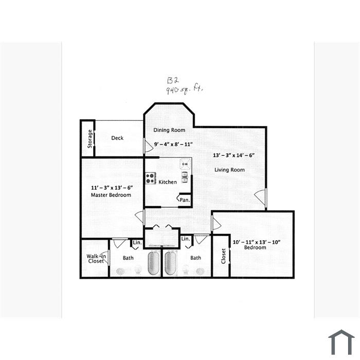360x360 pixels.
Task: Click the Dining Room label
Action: pyautogui.click(x=169, y=130)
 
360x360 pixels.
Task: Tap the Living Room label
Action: pyautogui.click(x=229, y=170)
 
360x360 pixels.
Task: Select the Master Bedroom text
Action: pyautogui.click(x=111, y=195)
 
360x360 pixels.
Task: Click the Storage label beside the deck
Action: pyautogui.click(x=90, y=139)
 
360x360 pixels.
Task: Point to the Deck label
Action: pyautogui.click(x=117, y=138)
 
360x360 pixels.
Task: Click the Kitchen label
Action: pyautogui.click(x=168, y=182)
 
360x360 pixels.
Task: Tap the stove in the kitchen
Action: pyautogui.click(x=150, y=178)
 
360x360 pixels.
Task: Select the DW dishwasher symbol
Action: pyautogui.click(x=185, y=164)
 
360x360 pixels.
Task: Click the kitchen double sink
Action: pyautogui.click(x=185, y=177)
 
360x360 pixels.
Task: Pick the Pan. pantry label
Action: pyautogui.click(x=185, y=200)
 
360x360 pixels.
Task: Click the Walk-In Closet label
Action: pyautogui.click(x=96, y=259)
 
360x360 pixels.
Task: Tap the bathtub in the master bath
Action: pyautogui.click(x=154, y=263)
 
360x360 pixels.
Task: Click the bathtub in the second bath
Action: pyautogui.click(x=171, y=263)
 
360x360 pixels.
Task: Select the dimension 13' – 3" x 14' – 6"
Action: pyautogui.click(x=233, y=155)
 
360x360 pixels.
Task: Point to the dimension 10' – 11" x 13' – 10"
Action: pyautogui.click(x=257, y=242)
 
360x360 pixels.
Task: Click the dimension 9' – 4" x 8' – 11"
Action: pyautogui.click(x=173, y=145)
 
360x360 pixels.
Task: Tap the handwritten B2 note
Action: pyautogui.click(x=173, y=80)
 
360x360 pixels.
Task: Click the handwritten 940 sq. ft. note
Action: pyautogui.click(x=185, y=89)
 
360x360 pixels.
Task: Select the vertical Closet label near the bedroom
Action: pyautogui.click(x=223, y=256)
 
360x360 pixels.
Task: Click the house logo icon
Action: pyautogui.click(x=341, y=343)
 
